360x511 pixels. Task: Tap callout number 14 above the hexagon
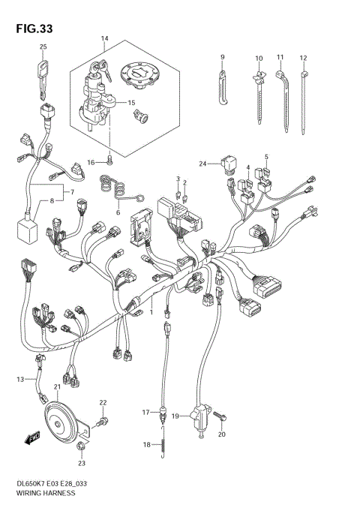click(105, 38)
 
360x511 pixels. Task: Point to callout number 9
click(223, 57)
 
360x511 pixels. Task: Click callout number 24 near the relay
click(202, 163)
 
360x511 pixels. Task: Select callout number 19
click(175, 416)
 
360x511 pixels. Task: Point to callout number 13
click(21, 380)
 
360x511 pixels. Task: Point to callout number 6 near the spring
click(117, 213)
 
